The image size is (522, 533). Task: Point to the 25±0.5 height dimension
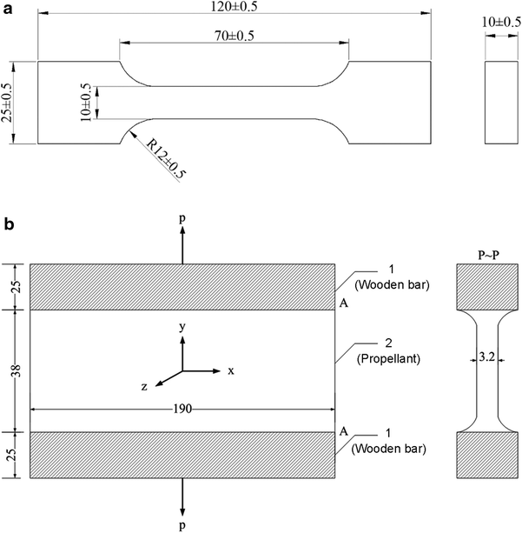click(9, 103)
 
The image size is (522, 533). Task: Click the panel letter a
click(7, 9)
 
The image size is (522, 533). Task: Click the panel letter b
click(8, 224)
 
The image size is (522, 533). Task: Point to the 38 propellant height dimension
click(9, 370)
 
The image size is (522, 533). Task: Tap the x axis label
click(231, 370)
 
